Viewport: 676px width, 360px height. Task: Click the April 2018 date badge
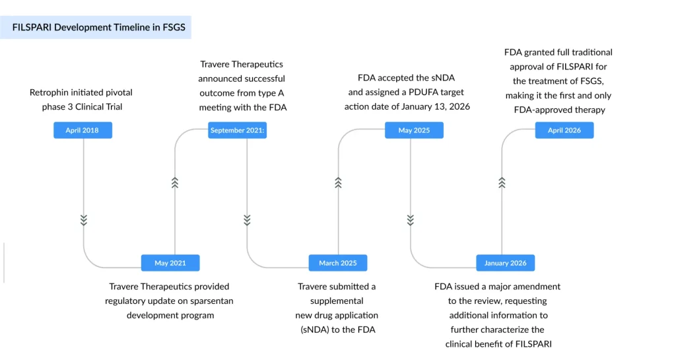[83, 130]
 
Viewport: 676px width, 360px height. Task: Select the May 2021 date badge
[170, 263]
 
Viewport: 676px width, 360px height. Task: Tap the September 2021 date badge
[237, 130]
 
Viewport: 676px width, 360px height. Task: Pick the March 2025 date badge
[338, 263]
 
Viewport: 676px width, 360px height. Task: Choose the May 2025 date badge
[414, 130]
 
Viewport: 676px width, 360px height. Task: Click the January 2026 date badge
[506, 263]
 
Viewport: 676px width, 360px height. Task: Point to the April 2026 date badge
[564, 130]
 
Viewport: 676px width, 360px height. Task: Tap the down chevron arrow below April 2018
[84, 220]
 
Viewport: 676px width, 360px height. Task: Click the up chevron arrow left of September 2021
[175, 183]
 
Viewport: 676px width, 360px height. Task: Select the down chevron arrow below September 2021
[247, 220]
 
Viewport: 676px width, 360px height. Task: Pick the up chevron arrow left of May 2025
[338, 183]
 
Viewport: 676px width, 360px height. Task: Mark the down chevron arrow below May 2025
[411, 220]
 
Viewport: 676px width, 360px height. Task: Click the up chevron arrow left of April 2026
[502, 183]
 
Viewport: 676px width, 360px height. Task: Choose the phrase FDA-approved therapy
[559, 110]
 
